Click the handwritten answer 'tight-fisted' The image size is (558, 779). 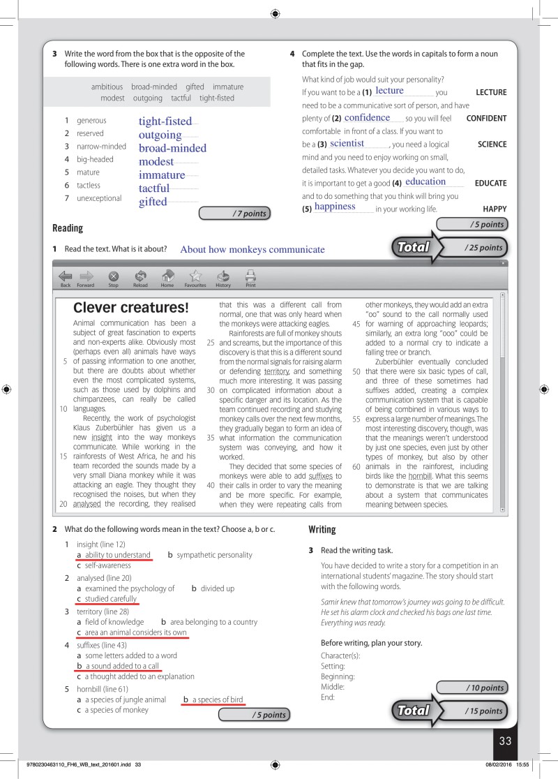165,121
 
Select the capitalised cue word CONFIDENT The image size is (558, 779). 486,118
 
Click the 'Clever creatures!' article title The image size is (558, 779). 130,307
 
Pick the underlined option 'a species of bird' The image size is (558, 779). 218,699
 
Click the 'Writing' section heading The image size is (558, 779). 322,529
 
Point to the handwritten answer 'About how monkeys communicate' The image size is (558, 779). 252,249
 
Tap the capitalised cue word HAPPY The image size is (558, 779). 495,209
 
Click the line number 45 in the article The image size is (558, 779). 356,324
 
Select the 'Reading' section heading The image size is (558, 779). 68,228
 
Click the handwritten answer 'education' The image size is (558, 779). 425,181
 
